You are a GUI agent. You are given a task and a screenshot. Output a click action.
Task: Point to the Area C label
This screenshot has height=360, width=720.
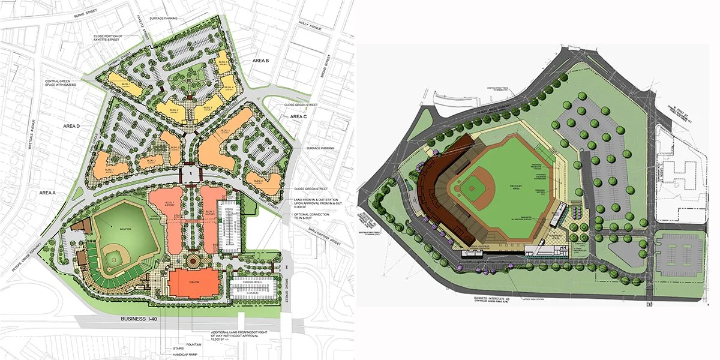298,116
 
